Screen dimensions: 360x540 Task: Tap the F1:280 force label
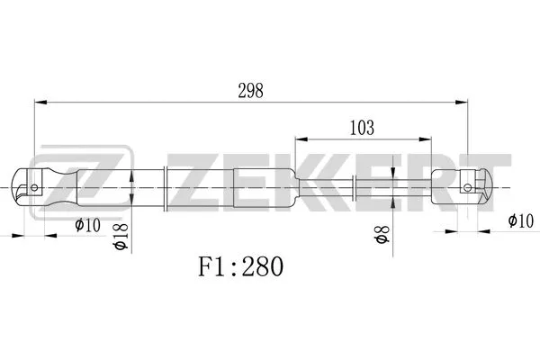point(240,267)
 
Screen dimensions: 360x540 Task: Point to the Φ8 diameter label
point(381,238)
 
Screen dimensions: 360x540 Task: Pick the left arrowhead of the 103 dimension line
point(300,140)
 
